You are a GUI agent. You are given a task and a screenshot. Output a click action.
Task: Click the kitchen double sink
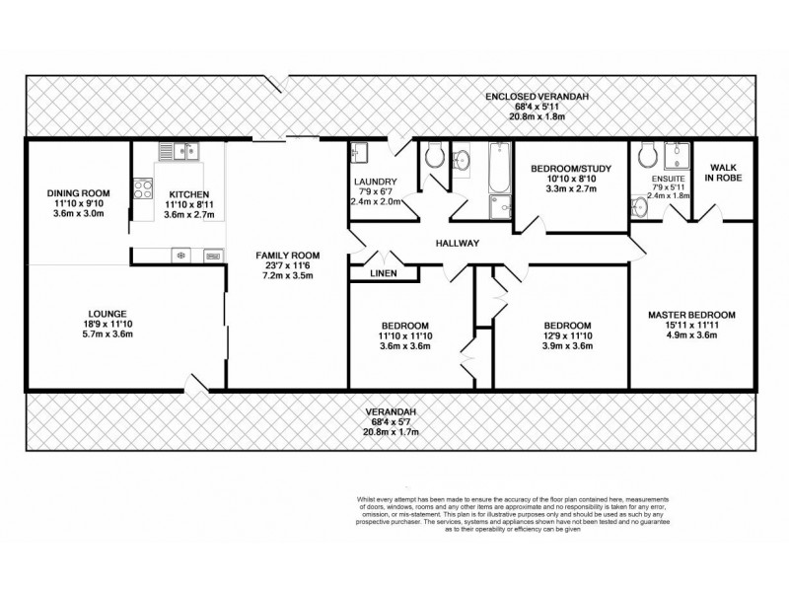(181, 151)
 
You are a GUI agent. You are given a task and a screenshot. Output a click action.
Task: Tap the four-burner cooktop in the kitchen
(142, 186)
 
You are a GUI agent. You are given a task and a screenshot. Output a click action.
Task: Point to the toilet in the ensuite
(647, 153)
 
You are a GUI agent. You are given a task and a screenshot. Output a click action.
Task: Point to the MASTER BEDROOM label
(691, 315)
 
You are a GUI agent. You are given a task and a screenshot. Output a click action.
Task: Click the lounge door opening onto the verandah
(201, 384)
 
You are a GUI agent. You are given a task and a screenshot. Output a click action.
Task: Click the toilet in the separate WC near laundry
(434, 156)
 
